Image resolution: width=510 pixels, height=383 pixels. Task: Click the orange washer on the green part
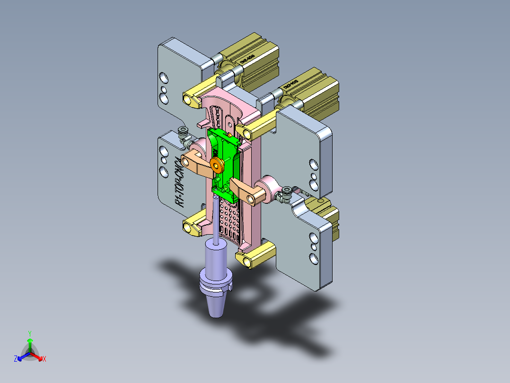click(218, 165)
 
